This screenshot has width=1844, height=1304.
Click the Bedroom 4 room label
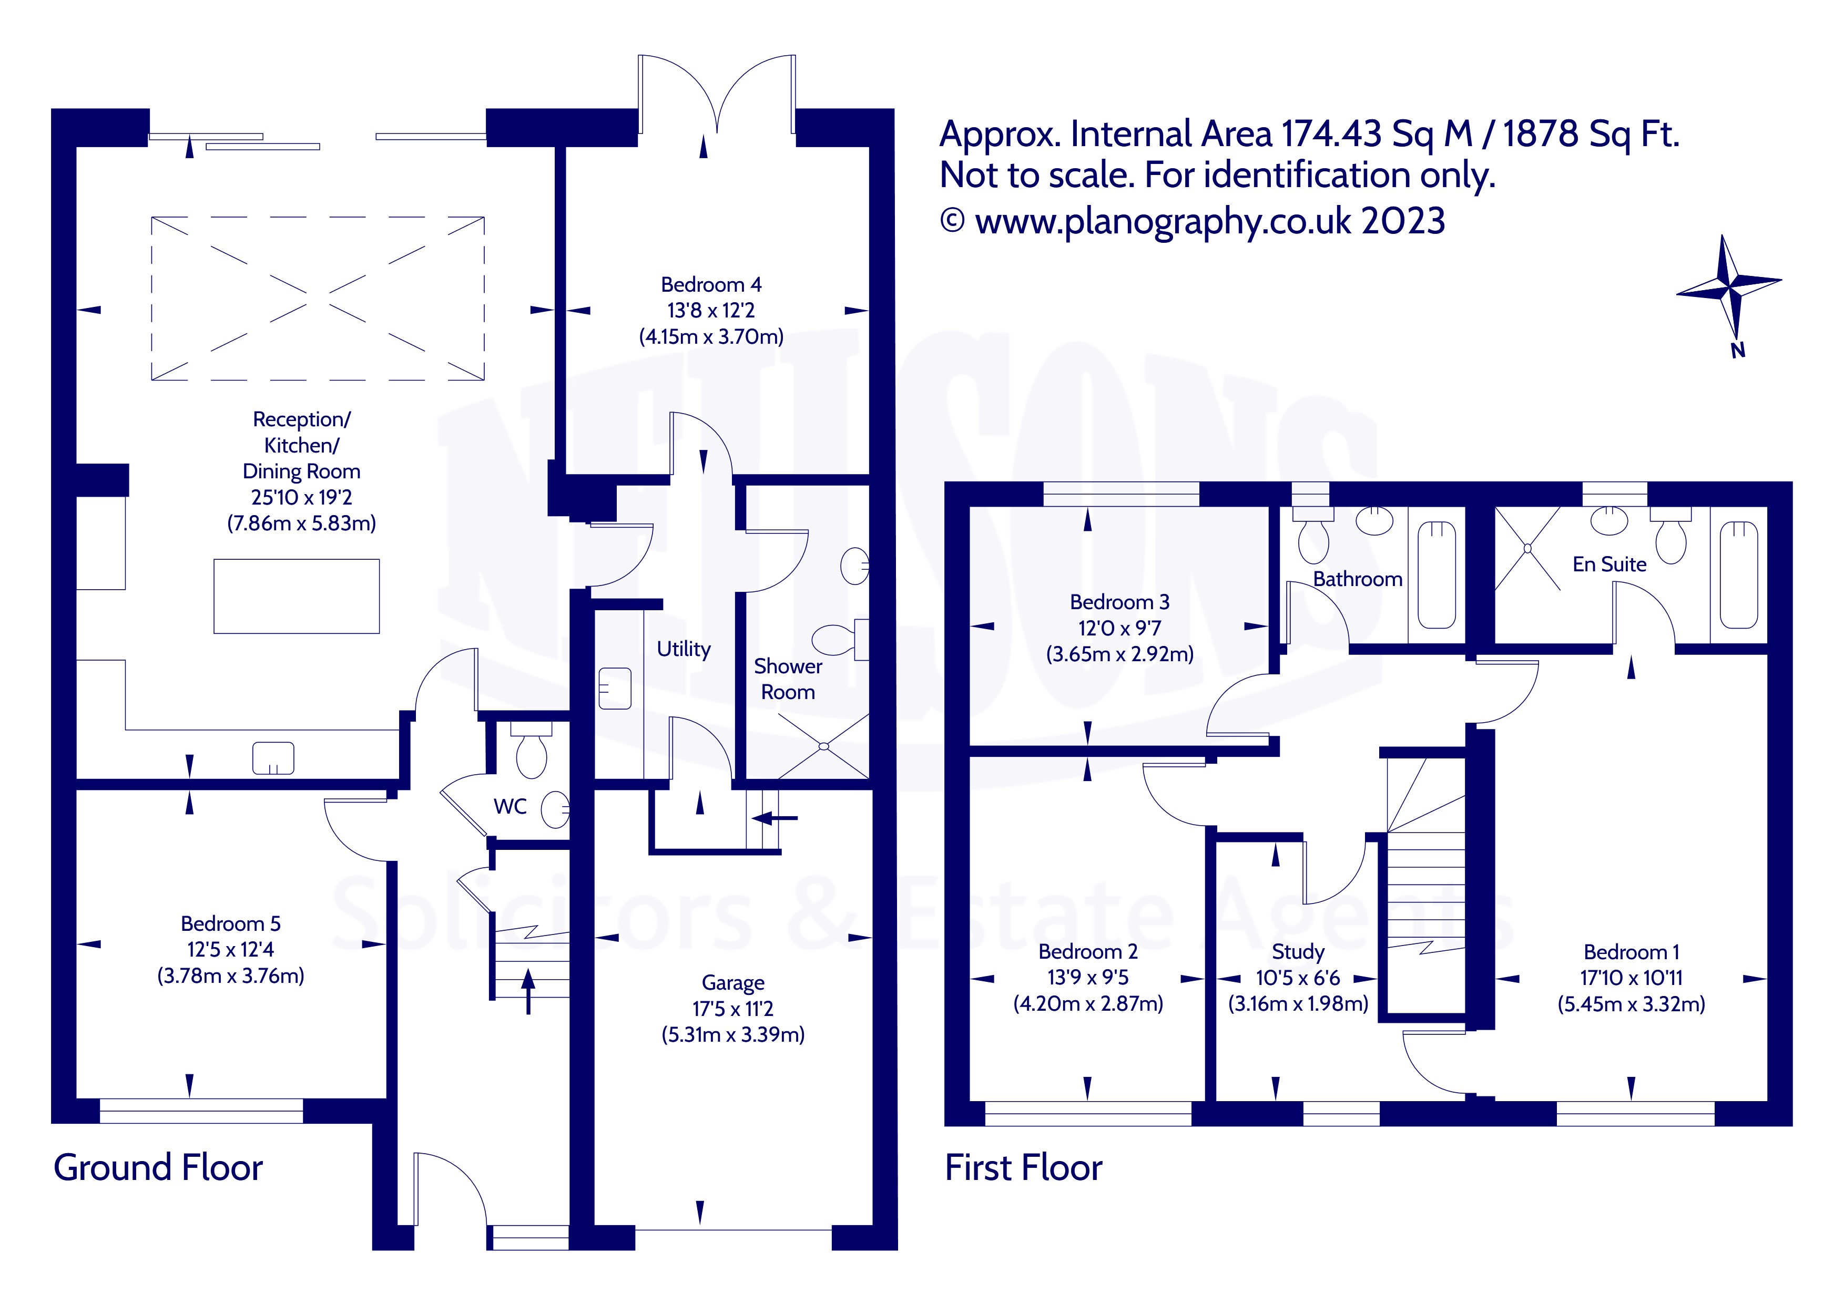pyautogui.click(x=711, y=285)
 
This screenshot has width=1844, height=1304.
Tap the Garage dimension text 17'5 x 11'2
pyautogui.click(x=732, y=1009)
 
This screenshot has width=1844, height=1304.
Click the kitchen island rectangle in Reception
pyautogui.click(x=297, y=596)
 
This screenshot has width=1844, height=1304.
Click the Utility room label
pyautogui.click(x=684, y=649)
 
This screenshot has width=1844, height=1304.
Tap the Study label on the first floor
pyautogui.click(x=1298, y=952)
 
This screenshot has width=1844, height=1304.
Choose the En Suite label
pyautogui.click(x=1608, y=564)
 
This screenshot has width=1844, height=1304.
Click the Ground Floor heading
pyautogui.click(x=158, y=1168)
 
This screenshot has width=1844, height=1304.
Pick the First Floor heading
pyautogui.click(x=1023, y=1168)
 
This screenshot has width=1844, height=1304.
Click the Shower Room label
pyautogui.click(x=788, y=679)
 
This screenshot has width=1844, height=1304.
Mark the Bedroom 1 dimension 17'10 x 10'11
pyautogui.click(x=1631, y=978)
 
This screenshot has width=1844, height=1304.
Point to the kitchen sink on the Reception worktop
pyautogui.click(x=273, y=758)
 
